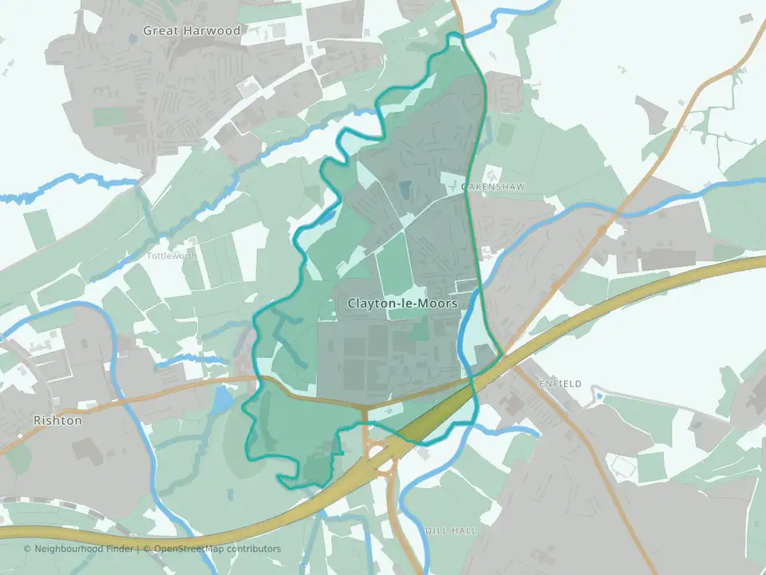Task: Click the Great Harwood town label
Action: pos(191,30)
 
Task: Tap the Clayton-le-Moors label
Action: pos(402,304)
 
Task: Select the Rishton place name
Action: pos(57,420)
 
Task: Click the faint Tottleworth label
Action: pos(172,256)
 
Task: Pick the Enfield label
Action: pos(560,384)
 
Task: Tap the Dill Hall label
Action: pos(452,530)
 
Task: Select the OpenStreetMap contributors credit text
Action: pos(217,549)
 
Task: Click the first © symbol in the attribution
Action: pos(27,549)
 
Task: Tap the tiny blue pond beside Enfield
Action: pos(598,395)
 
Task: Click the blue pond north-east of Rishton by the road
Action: pos(220,400)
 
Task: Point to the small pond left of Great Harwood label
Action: pos(132,38)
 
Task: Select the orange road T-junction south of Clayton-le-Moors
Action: pos(365,409)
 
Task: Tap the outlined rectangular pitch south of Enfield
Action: pos(623,464)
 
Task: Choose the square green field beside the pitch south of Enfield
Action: pos(650,467)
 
